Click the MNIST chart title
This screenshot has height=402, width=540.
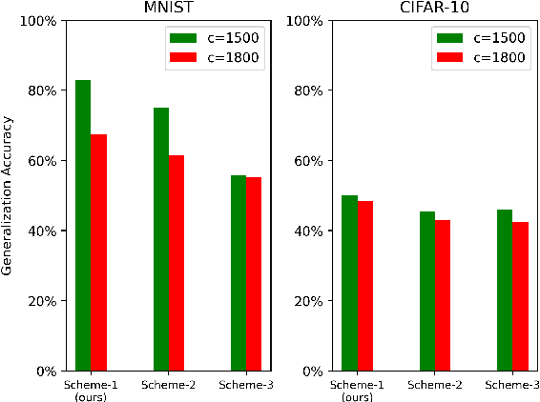tap(169, 9)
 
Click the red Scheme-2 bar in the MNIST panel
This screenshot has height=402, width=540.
tap(177, 263)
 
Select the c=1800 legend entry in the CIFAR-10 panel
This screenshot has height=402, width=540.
tap(486, 57)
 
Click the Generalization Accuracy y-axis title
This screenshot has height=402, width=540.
tap(9, 195)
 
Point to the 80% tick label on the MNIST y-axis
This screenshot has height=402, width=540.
tap(42, 90)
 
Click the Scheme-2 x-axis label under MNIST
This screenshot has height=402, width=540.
tap(169, 385)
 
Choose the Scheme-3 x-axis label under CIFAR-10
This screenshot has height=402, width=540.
tap(512, 385)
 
